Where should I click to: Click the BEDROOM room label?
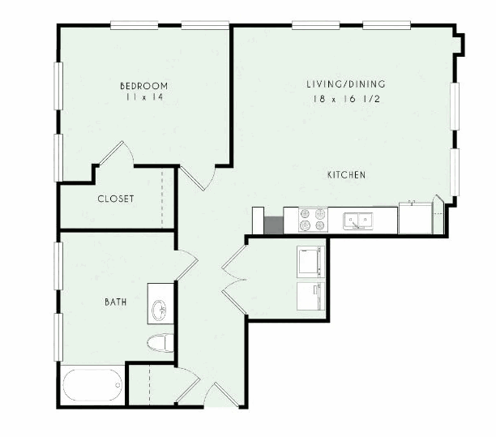pos(144,86)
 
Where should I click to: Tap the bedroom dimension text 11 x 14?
pos(144,97)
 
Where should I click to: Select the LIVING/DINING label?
pos(346,84)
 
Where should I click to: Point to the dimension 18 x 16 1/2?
pos(347,99)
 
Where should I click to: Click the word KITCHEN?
pos(346,174)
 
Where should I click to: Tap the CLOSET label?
pos(116,199)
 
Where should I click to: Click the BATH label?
pos(116,302)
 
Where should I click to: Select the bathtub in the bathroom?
pos(92,385)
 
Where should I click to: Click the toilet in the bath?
pos(160,343)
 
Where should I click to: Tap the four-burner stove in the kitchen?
pos(313,220)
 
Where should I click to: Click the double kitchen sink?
pos(358,221)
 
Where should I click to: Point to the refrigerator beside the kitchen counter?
pos(415,218)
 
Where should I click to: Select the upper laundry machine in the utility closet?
pos(310,262)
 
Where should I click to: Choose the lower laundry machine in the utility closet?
pos(310,296)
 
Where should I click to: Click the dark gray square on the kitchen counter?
pos(273,225)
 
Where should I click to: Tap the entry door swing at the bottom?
pos(221,394)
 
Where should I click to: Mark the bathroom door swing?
pos(187,265)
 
